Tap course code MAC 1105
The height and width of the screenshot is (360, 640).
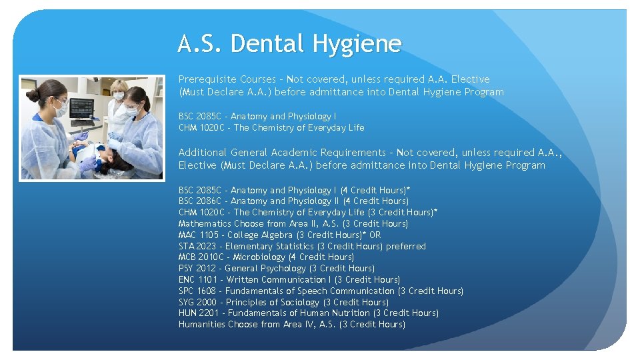pyautogui.click(x=198, y=235)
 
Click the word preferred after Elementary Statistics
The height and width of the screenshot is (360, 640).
pyautogui.click(x=405, y=246)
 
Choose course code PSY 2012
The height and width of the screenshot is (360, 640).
pyautogui.click(x=197, y=268)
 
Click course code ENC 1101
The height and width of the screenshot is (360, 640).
pyautogui.click(x=198, y=279)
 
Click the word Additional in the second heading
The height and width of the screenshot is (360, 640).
pyautogui.click(x=203, y=153)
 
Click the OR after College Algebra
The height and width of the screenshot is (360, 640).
pyautogui.click(x=375, y=235)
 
